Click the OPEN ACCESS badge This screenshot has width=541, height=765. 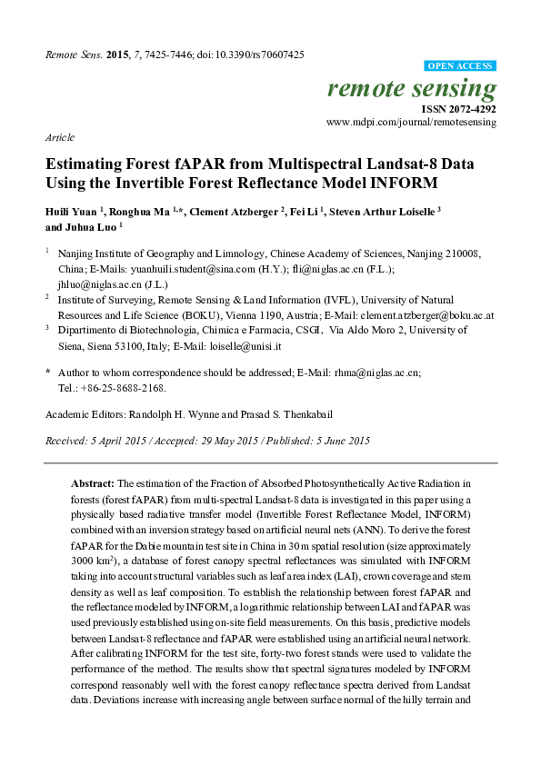pyautogui.click(x=461, y=66)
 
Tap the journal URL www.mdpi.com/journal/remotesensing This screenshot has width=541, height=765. pyautogui.click(x=411, y=121)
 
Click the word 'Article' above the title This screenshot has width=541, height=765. pyautogui.click(x=59, y=137)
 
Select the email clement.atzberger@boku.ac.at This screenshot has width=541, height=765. pyautogui.click(x=427, y=314)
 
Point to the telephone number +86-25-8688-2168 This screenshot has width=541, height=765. pyautogui.click(x=119, y=387)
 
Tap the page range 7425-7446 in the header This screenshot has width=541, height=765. pyautogui.click(x=171, y=55)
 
